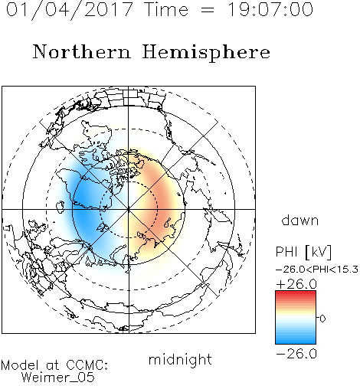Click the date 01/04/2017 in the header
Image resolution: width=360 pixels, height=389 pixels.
click(x=70, y=10)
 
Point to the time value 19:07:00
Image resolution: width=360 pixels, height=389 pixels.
click(x=270, y=10)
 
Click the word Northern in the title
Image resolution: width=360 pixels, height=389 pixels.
click(x=82, y=51)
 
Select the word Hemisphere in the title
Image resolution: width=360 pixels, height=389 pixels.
click(x=206, y=53)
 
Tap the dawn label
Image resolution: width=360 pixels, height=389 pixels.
click(x=299, y=221)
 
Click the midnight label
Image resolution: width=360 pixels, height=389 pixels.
click(x=180, y=360)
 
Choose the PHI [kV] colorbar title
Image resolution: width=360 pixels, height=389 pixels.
click(x=303, y=252)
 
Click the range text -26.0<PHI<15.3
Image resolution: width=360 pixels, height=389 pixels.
click(x=317, y=270)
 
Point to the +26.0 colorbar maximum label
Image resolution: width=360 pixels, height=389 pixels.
click(x=296, y=284)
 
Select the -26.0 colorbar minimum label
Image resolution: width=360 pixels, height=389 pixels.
click(x=296, y=354)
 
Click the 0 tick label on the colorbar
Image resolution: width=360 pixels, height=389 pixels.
click(x=322, y=319)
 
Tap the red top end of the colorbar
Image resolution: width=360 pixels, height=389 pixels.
click(x=296, y=293)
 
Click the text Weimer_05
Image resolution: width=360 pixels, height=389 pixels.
click(x=57, y=378)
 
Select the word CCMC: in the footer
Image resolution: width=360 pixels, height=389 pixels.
click(x=87, y=365)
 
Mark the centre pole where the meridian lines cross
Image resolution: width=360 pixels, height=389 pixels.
click(x=129, y=209)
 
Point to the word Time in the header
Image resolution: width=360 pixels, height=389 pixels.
click(x=166, y=10)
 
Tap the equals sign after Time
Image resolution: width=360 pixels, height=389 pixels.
click(x=208, y=10)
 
